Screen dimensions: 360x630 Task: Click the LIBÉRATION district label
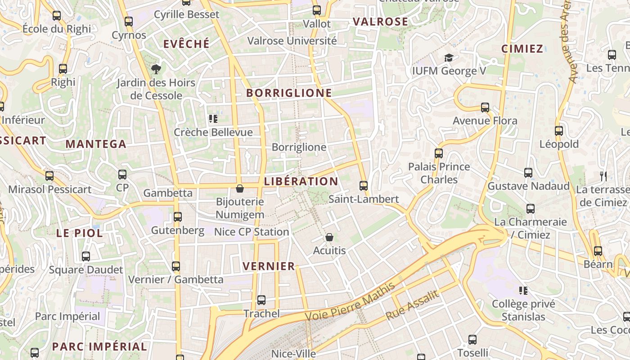click(301, 181)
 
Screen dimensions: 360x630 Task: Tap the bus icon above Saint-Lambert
click(364, 185)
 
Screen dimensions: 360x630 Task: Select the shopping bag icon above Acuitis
click(329, 237)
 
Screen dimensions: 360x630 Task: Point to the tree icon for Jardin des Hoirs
click(156, 69)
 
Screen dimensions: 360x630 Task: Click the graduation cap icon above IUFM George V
click(449, 58)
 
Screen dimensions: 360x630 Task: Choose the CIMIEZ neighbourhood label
click(522, 49)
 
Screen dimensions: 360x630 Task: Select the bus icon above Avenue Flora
click(485, 108)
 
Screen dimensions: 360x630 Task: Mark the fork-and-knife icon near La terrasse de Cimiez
click(603, 176)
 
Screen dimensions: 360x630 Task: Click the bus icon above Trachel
click(261, 300)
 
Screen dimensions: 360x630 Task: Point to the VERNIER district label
click(269, 266)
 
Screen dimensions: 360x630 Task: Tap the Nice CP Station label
click(252, 232)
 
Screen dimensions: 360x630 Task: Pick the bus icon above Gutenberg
click(178, 217)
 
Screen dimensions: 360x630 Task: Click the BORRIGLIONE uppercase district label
click(289, 93)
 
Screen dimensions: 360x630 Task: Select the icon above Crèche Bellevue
click(213, 119)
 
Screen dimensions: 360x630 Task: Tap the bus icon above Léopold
click(559, 131)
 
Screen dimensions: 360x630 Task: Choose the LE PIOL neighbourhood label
click(80, 233)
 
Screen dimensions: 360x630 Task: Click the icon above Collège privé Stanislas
click(523, 291)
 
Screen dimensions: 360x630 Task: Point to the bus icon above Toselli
click(472, 340)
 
